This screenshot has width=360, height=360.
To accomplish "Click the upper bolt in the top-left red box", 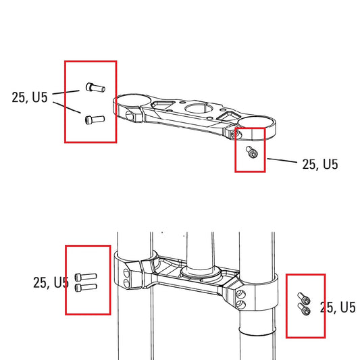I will (93, 87).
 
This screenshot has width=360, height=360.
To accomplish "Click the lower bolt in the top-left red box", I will (93, 120).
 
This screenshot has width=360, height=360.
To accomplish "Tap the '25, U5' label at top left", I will (30, 97).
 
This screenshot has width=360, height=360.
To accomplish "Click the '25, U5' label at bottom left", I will (51, 282).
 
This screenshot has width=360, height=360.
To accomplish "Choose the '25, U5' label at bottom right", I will (338, 308).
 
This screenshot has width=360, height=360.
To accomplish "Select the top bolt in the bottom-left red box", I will (87, 276).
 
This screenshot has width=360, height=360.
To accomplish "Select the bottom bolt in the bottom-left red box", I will (87, 287).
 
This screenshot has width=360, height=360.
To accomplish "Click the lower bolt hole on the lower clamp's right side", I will (242, 305).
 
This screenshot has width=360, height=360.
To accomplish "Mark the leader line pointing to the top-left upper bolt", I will (68, 92).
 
